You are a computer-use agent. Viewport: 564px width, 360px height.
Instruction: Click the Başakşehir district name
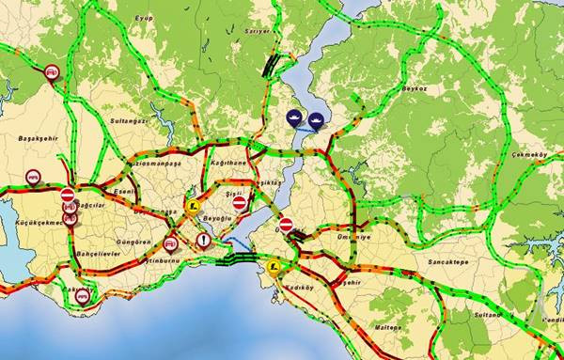(x=39, y=138)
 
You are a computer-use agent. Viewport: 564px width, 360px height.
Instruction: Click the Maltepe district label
(x=389, y=326)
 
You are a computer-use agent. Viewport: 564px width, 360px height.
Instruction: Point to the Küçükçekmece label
(x=36, y=224)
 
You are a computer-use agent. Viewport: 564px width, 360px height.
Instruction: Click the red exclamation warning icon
(x=204, y=242)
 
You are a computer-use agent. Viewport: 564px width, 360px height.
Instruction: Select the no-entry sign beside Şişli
(x=239, y=203)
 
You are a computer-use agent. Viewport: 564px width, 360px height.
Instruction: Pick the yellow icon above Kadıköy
(x=273, y=267)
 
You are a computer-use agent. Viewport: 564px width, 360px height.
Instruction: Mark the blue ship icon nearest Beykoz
(x=317, y=119)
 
